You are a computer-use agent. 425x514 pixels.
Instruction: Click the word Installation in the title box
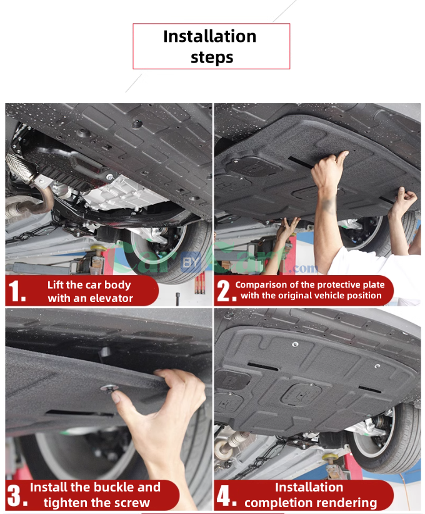(x=210, y=36)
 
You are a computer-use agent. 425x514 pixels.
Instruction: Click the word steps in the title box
(x=212, y=58)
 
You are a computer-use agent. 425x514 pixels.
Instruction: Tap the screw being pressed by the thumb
(x=109, y=388)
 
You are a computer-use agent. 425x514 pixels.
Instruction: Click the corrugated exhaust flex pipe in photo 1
(x=19, y=167)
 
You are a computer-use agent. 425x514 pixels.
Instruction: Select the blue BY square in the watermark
(x=191, y=262)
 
